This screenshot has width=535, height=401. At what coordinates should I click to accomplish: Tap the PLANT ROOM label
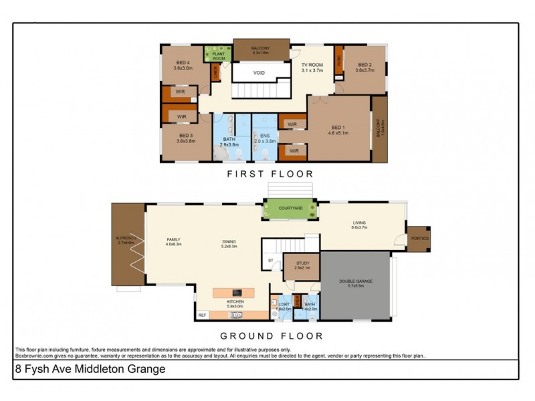(217, 56)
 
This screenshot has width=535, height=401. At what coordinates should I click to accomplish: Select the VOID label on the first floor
(260, 73)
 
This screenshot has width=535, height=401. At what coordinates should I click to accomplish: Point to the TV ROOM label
(312, 67)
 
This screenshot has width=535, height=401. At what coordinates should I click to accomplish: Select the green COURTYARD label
(290, 209)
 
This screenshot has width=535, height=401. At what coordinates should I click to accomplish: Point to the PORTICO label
(420, 239)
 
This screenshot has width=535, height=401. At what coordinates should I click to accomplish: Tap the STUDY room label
(302, 264)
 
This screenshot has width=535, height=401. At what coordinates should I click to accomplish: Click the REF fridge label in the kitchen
(201, 314)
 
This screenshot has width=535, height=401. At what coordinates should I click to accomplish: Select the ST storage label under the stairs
(270, 261)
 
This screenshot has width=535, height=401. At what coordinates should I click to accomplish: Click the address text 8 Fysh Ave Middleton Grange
(90, 368)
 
